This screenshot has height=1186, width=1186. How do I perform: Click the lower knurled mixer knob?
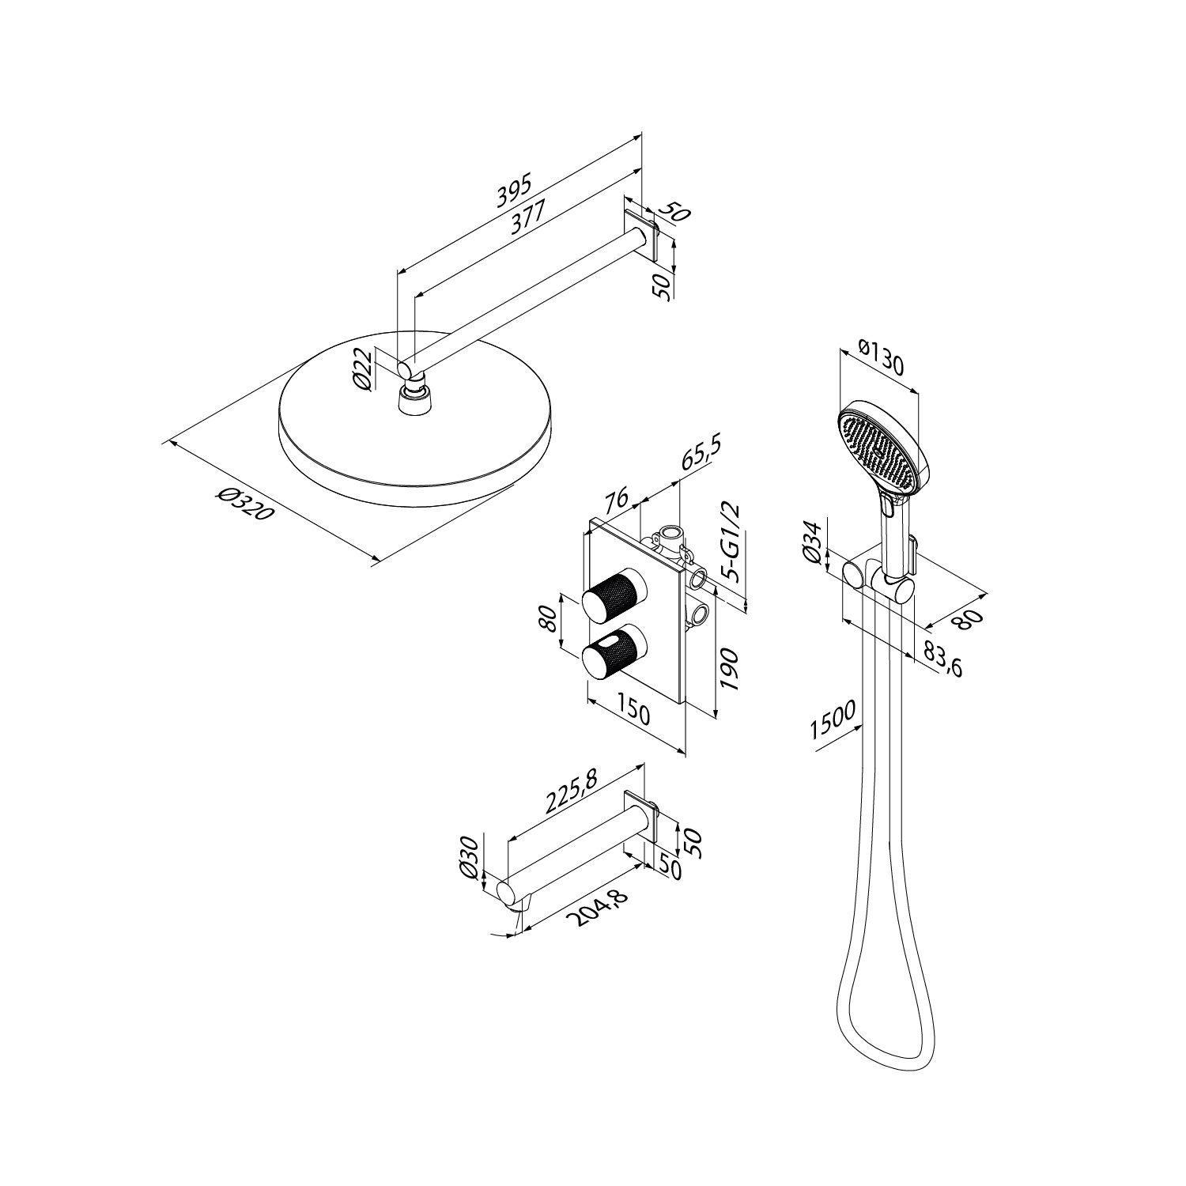click(614, 652)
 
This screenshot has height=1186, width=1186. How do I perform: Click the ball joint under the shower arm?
click(411, 387)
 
